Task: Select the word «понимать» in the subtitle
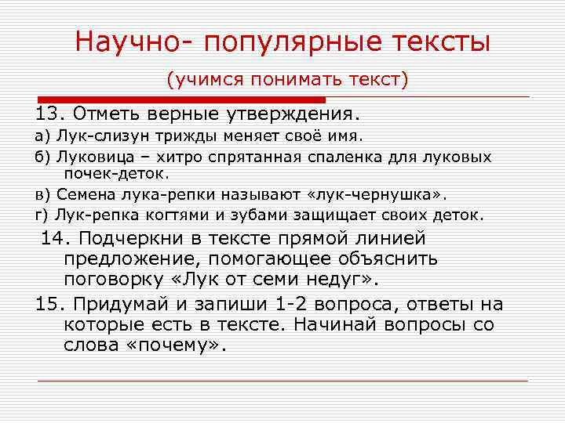[x=293, y=79]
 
